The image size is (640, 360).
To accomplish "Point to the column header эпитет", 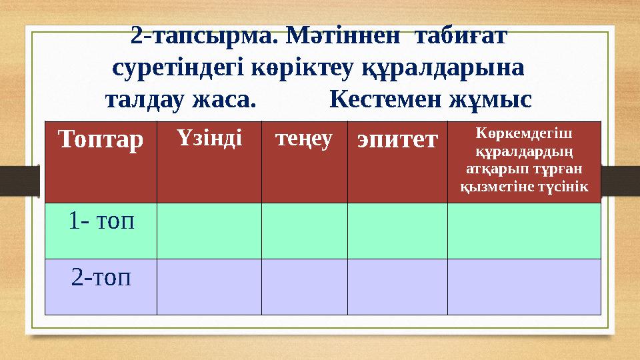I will click(397, 139).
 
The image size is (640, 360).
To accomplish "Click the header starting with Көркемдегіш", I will click(524, 160).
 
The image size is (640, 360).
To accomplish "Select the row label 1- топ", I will click(101, 221).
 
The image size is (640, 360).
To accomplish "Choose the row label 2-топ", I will click(101, 276).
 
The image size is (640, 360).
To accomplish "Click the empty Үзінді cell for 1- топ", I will click(209, 231).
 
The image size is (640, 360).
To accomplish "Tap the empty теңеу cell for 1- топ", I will click(304, 231).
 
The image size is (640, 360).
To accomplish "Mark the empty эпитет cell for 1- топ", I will click(397, 231).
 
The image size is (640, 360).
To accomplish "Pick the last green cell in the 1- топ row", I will click(524, 231).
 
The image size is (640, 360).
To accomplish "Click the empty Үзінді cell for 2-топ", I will click(209, 287).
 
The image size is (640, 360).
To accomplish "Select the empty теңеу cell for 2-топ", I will click(304, 287).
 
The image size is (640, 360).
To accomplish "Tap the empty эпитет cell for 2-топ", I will click(397, 287).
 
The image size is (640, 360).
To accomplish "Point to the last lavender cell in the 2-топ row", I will click(524, 287).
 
